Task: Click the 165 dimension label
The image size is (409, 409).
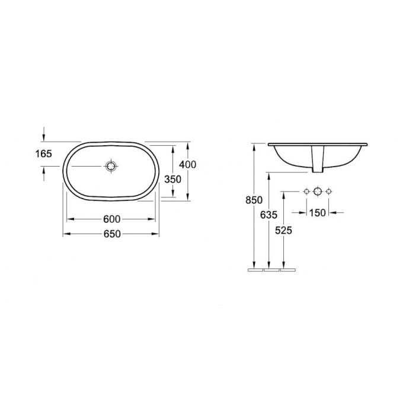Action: pyautogui.click(x=43, y=154)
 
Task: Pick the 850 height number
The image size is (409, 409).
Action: pyautogui.click(x=254, y=200)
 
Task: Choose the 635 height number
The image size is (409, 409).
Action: pyautogui.click(x=269, y=216)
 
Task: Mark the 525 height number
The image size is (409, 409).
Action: pyautogui.click(x=284, y=231)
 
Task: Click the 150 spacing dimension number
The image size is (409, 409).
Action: pyautogui.click(x=318, y=212)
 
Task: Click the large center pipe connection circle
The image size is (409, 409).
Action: pyautogui.click(x=317, y=191)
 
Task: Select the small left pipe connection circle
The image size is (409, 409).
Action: pyautogui.click(x=306, y=191)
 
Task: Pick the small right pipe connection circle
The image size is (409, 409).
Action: pyautogui.click(x=329, y=191)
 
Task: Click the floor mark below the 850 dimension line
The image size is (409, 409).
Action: pyautogui.click(x=255, y=270)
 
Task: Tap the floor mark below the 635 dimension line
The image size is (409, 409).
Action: pyautogui.click(x=270, y=270)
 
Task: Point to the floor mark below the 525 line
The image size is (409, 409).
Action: pyautogui.click(x=287, y=270)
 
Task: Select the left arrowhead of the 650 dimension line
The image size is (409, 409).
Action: pyautogui.click(x=66, y=234)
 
